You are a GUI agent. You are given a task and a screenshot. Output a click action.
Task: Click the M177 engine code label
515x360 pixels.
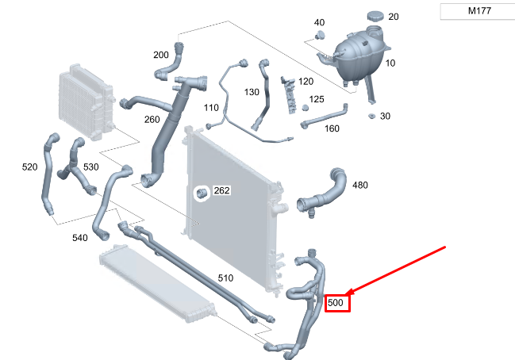pyautogui.click(x=479, y=11)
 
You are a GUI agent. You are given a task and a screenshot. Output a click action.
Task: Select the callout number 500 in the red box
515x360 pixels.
pyautogui.click(x=336, y=303)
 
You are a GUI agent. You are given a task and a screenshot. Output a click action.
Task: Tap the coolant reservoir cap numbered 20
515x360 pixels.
pyautogui.click(x=375, y=16)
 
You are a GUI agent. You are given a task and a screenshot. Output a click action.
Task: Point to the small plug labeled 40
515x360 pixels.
pyautogui.click(x=320, y=35)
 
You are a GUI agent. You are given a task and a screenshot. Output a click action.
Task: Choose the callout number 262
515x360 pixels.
pyautogui.click(x=221, y=190)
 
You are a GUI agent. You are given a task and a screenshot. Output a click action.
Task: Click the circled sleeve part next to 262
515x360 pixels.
pyautogui.click(x=202, y=193)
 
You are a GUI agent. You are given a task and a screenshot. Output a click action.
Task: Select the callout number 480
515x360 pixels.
pyautogui.click(x=360, y=185)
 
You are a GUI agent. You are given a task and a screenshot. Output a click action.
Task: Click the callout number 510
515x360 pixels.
pyautogui.click(x=225, y=278)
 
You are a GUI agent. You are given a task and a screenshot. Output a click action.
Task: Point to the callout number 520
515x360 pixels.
pyautogui.click(x=29, y=167)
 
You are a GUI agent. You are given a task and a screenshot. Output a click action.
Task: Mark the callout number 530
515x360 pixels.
pyautogui.click(x=91, y=167)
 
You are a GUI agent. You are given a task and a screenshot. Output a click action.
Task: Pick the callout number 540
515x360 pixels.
pyautogui.click(x=80, y=238)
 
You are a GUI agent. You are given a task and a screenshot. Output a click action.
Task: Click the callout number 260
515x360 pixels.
pyautogui.click(x=152, y=120)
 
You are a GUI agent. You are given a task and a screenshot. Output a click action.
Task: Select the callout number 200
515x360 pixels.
pyautogui.click(x=161, y=55)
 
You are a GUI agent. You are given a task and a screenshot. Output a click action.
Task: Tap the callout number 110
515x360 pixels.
pyautogui.click(x=211, y=108)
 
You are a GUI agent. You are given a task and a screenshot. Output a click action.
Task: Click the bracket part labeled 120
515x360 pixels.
pyautogui.click(x=289, y=94)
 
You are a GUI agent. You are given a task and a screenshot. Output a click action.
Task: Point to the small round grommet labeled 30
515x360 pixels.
pyautogui.click(x=371, y=116)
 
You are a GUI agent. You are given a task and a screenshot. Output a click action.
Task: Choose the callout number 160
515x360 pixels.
pyautogui.click(x=332, y=128)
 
